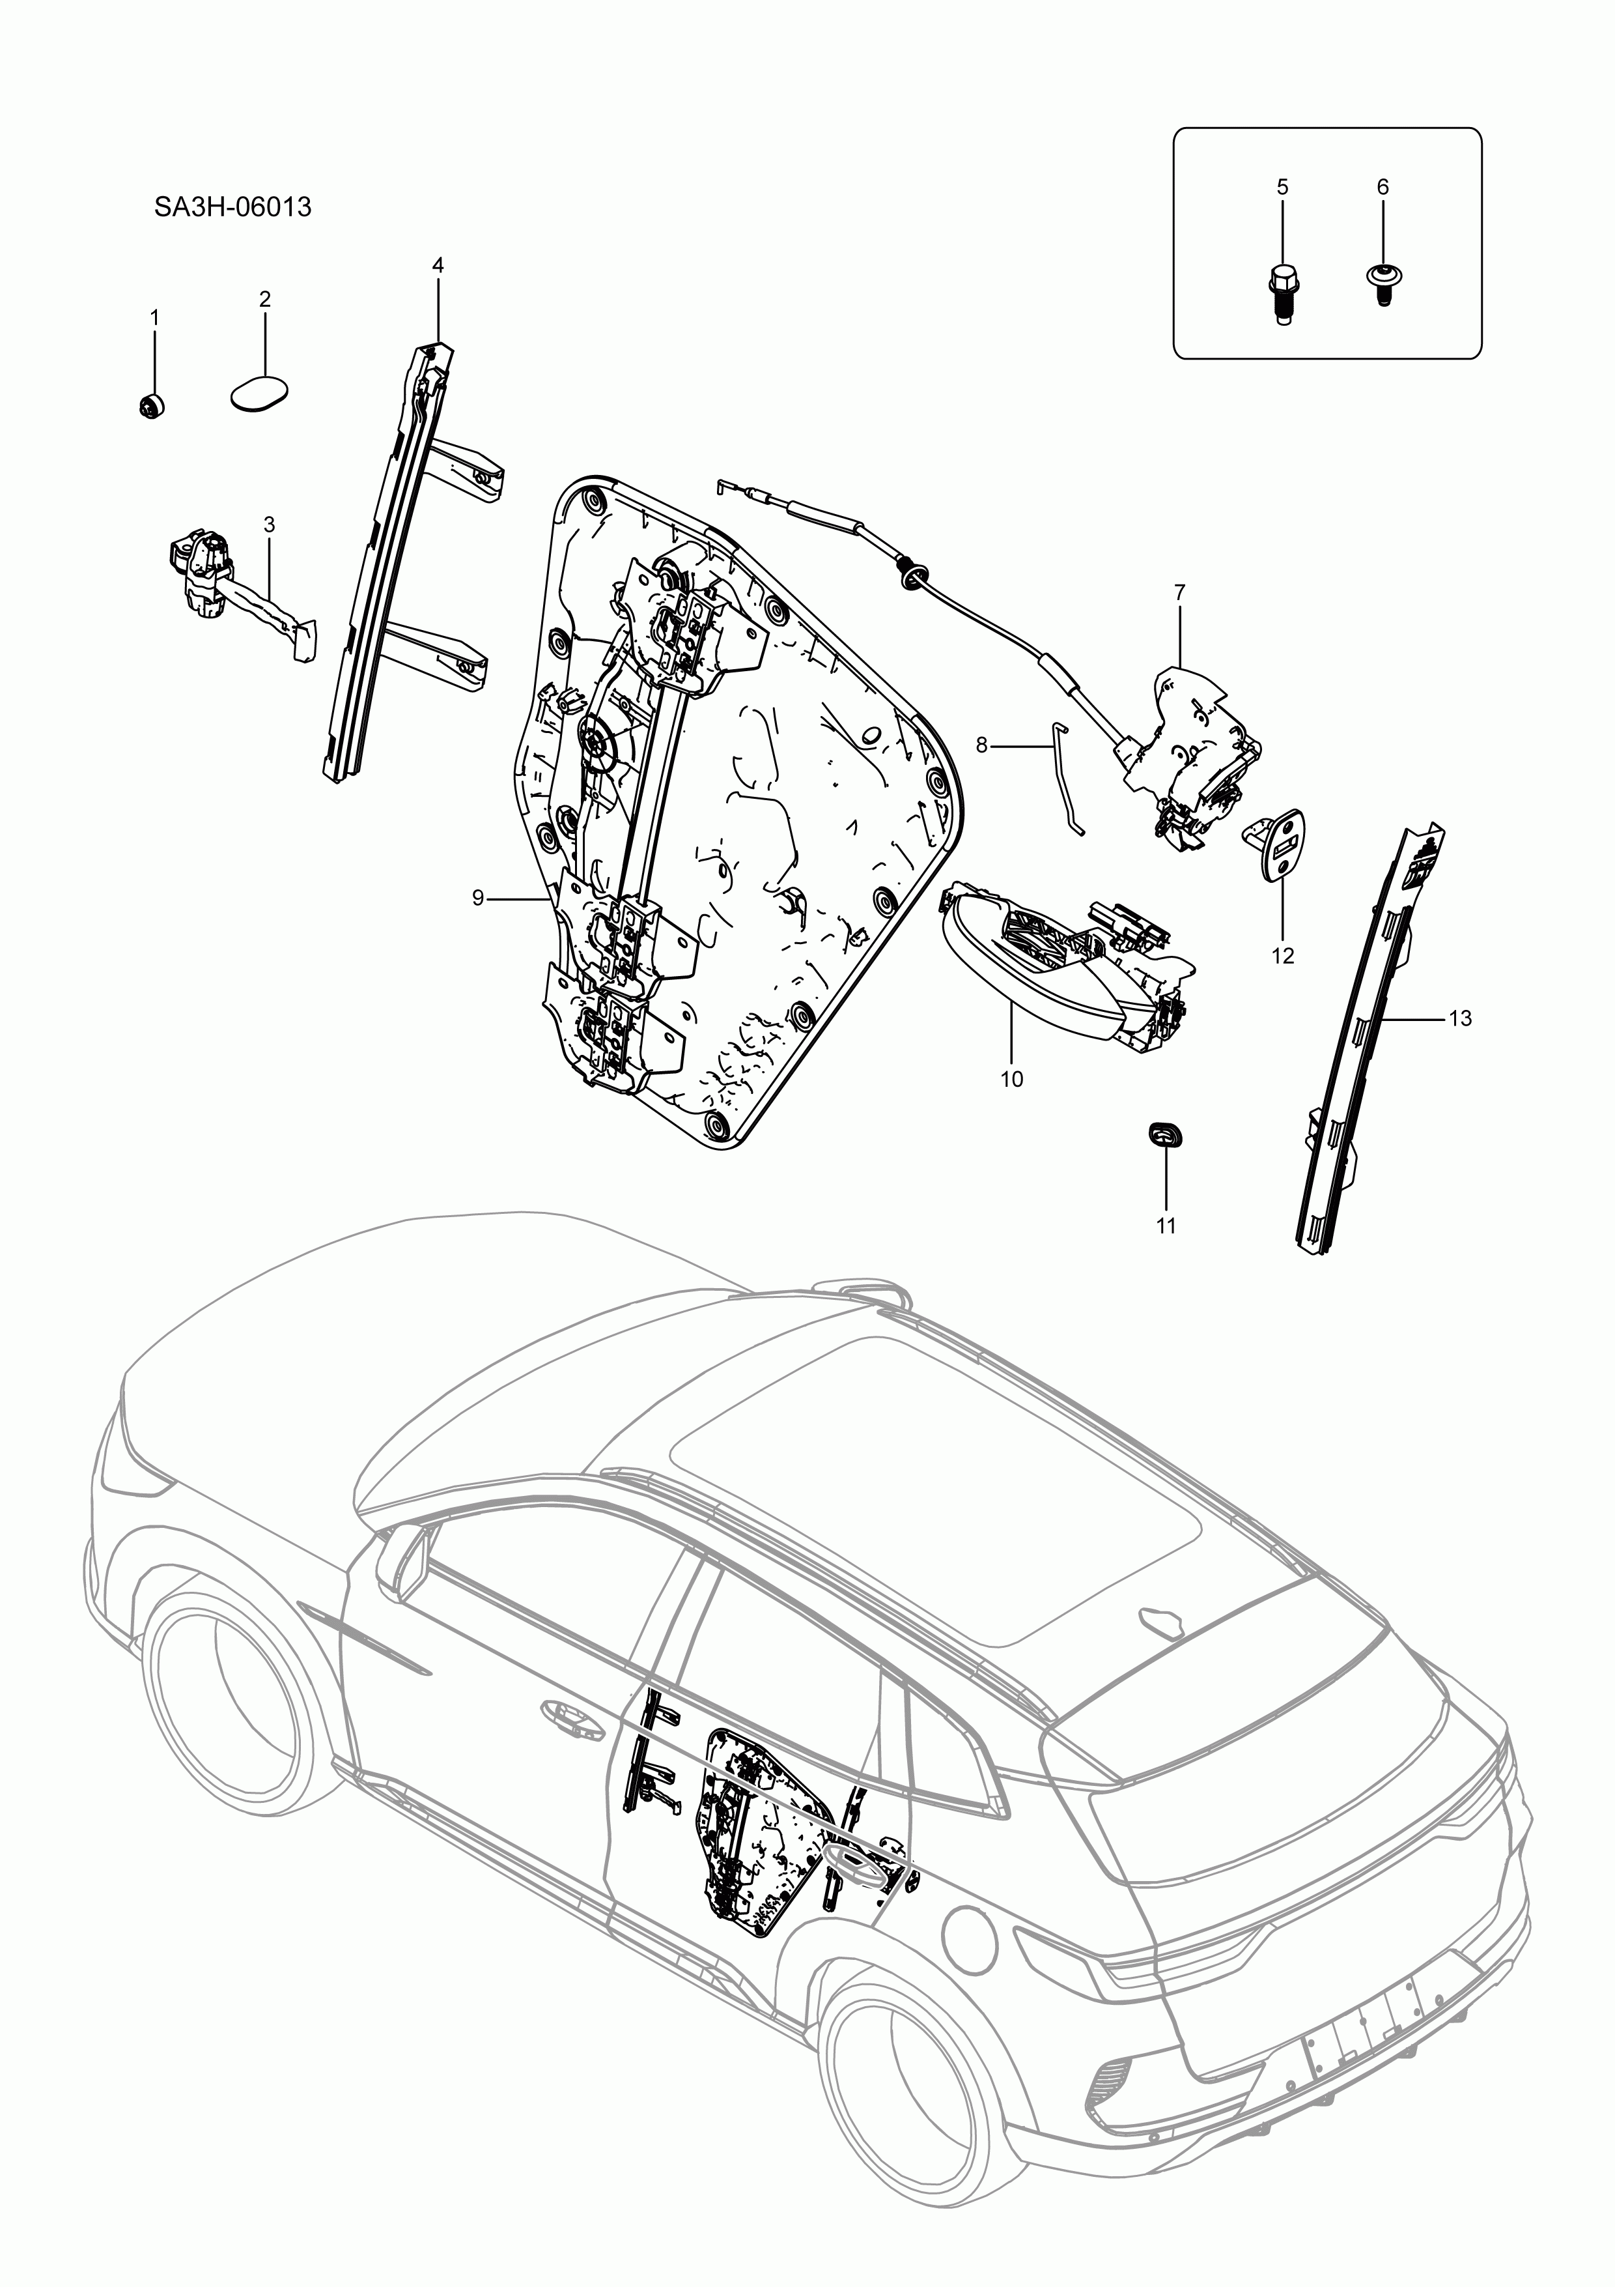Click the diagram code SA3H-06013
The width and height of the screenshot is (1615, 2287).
pos(232,207)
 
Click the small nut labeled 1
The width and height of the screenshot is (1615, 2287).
pos(150,407)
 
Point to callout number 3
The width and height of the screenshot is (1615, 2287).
pos(269,524)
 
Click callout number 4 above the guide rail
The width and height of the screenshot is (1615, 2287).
pos(438,265)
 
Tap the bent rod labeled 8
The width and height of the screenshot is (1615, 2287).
pos(1065,777)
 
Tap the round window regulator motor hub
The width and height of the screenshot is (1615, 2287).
pos(602,742)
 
